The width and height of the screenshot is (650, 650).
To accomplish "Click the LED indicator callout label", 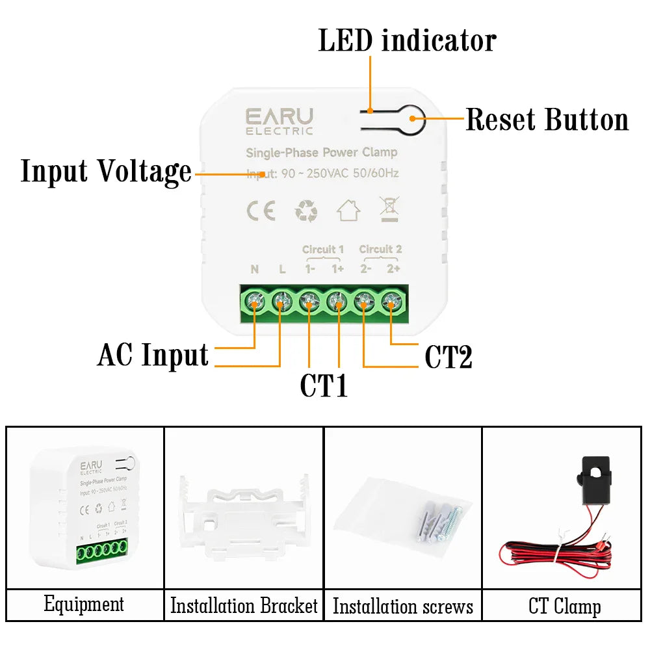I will point(407,40).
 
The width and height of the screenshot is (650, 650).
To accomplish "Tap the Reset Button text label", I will point(547,120).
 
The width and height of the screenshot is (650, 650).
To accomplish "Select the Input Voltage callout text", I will point(106,172).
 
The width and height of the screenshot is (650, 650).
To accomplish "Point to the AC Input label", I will point(153,356).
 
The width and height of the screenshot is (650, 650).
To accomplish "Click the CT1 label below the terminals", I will point(324,385).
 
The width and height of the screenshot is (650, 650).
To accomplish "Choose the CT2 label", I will point(448,357).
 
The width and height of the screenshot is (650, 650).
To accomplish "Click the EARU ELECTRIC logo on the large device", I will point(279,121).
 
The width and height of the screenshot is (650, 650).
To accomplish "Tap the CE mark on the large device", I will point(261,211).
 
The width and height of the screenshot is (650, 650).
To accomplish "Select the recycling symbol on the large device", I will point(306,211).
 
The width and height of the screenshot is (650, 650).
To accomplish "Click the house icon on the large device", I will point(348,210).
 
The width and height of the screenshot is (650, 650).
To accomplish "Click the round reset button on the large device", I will point(413,119).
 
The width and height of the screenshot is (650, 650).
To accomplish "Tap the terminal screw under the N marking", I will point(254,301).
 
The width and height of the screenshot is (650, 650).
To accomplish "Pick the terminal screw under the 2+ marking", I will point(390,301).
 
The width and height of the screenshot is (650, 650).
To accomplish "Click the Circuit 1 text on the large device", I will point(323,250).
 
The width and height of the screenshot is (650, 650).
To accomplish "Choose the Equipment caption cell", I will point(84,604).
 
